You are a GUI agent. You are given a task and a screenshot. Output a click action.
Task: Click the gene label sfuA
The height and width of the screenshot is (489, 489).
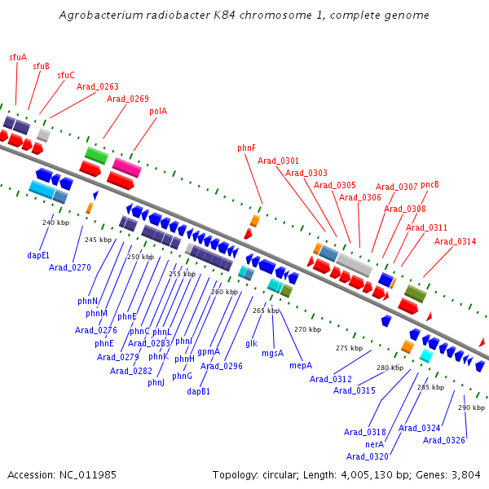coord(18,57)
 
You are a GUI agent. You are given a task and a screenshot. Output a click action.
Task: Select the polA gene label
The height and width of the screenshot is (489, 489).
coord(158,112)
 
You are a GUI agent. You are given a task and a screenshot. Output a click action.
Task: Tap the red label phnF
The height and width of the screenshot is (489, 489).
coord(246,148)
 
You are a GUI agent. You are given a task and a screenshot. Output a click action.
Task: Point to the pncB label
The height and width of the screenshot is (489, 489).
coord(430,185)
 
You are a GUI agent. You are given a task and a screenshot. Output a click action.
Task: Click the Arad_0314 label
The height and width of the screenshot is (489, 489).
coord(456,241)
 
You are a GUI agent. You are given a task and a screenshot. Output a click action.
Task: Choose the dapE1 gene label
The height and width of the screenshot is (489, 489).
coord(38,255)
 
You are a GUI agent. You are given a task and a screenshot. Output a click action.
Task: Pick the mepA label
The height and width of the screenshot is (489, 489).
coord(301,365)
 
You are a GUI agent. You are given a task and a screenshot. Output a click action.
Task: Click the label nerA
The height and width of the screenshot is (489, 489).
coord(375,444)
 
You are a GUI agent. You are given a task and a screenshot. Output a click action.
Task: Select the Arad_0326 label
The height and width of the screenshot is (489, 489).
coord(444,440)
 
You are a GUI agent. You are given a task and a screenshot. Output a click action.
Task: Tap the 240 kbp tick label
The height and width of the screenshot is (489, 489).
coord(55,222)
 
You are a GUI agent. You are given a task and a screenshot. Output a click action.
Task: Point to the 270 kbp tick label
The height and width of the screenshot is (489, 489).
coord(307,329)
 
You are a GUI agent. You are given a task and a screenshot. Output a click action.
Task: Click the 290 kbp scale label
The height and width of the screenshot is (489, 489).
coord(471,407)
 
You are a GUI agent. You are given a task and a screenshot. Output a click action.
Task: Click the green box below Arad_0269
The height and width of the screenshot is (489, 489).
coord(97,156)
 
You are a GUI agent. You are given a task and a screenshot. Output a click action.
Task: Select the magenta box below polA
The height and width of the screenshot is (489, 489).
coord(127,167)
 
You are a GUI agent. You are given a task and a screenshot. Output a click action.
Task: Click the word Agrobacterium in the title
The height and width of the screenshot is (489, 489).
coord(101,15)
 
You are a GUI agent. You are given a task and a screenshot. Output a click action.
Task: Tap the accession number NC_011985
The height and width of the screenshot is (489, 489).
coord(88,475)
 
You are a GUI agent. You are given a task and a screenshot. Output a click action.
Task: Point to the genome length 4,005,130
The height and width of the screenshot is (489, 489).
coord(363,475)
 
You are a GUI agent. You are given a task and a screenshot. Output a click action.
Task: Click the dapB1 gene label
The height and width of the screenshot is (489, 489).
coord(198,391)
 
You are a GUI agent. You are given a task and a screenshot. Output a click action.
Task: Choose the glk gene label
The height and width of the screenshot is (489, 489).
coord(252,344)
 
